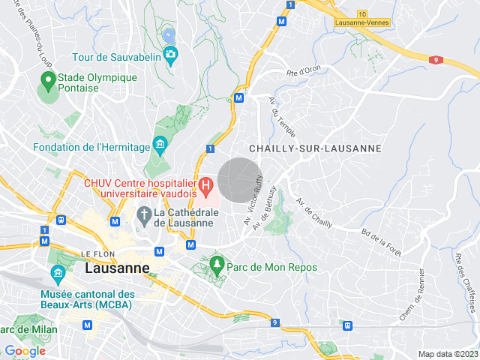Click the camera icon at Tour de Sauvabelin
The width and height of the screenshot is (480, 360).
coord(170,54)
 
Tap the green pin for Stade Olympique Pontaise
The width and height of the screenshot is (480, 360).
coord(47,79)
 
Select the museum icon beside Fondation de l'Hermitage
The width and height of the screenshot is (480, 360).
coord(159,144)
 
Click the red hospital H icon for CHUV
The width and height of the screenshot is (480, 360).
coord(205,184)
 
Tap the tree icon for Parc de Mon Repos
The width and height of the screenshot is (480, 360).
coord(217,264)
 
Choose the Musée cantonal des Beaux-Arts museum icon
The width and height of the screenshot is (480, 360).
coord(58,272)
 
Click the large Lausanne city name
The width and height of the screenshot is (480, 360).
coord(117,268)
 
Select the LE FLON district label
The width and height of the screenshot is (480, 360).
coord(97,254)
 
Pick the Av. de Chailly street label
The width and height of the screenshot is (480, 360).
coord(314,213)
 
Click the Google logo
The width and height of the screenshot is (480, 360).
coord(25,351)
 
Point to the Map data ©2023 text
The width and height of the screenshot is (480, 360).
coord(447,354)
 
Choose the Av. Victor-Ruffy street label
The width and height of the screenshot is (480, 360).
coord(254,200)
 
